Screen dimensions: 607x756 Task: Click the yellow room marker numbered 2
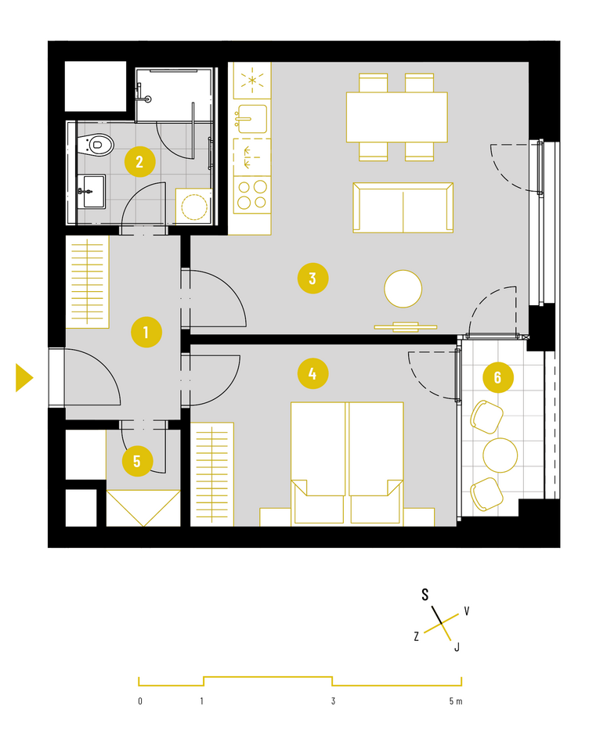coord(140,161)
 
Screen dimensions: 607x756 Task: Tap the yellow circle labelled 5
coord(138,461)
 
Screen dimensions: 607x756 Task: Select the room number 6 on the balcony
coord(498,377)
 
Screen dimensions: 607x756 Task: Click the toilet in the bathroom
coord(96,144)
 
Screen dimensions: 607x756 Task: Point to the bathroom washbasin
coord(92,192)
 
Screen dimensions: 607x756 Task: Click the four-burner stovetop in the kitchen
coord(252,195)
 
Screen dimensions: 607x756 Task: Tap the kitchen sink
coord(251,119)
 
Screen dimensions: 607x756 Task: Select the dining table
coord(396,117)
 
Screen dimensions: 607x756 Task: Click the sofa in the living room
coord(403,208)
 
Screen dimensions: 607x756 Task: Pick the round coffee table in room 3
coord(403,289)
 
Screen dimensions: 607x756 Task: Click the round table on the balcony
coord(500,455)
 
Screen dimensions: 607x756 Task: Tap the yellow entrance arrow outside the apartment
coord(24,377)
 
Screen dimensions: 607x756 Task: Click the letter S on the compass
coord(425,595)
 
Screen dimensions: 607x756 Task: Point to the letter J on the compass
coord(457,646)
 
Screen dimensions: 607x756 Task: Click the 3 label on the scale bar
coord(333,701)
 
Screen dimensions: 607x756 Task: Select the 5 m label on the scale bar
coord(456,701)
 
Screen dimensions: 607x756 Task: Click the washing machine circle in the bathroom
coord(194,207)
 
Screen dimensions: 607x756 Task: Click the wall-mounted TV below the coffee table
coord(405,327)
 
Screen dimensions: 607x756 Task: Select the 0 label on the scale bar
coord(140,701)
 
